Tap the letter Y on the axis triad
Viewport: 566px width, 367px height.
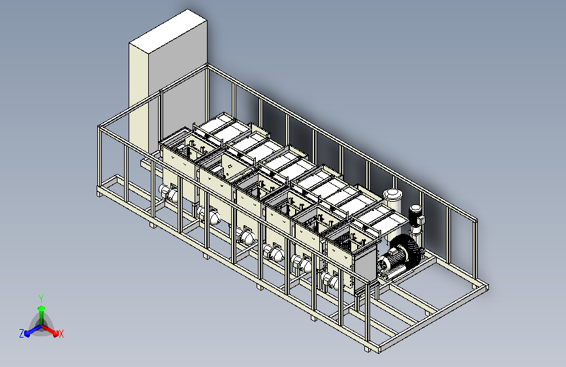[41, 298]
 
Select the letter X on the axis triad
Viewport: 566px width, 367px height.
[61, 334]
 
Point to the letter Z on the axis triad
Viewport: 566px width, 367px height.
[22, 334]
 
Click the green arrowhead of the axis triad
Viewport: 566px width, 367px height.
[42, 308]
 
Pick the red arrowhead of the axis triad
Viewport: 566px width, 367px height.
[55, 333]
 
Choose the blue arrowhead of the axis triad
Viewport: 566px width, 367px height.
[27, 333]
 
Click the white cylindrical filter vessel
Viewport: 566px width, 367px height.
[392, 202]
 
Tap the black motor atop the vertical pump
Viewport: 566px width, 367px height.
[415, 213]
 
